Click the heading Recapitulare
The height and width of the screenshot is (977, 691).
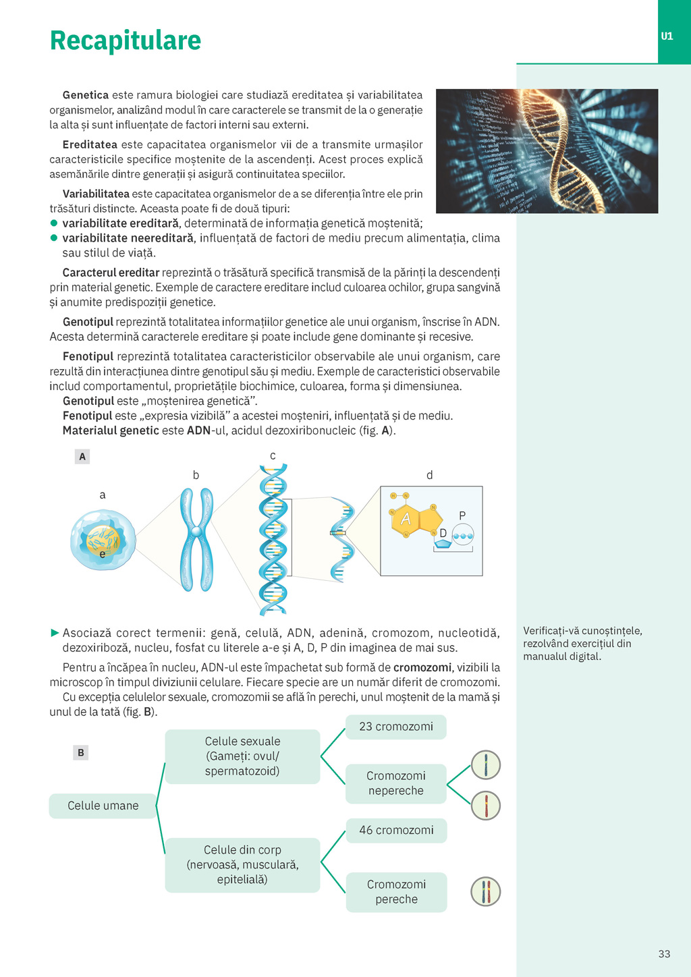126,40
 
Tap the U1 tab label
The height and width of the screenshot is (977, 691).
667,36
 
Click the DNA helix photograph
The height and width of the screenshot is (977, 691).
547,151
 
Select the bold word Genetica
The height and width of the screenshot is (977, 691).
85,95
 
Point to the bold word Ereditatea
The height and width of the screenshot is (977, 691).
90,144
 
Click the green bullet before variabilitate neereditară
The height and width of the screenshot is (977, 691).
54,238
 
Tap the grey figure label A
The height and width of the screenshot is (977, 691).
82,457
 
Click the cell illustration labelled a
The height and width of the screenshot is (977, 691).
103,540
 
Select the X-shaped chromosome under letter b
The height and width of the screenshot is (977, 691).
196,539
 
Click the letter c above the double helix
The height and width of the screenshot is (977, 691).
273,456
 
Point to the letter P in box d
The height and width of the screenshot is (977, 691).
462,515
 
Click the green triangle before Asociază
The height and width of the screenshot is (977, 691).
55,633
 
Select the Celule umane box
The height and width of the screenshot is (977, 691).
103,806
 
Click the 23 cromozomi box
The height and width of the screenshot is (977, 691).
396,727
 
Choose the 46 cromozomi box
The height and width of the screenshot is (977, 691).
396,830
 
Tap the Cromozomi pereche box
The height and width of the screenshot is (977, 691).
396,892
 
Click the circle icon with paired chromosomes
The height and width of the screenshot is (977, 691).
485,891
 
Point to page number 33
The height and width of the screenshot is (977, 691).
664,953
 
